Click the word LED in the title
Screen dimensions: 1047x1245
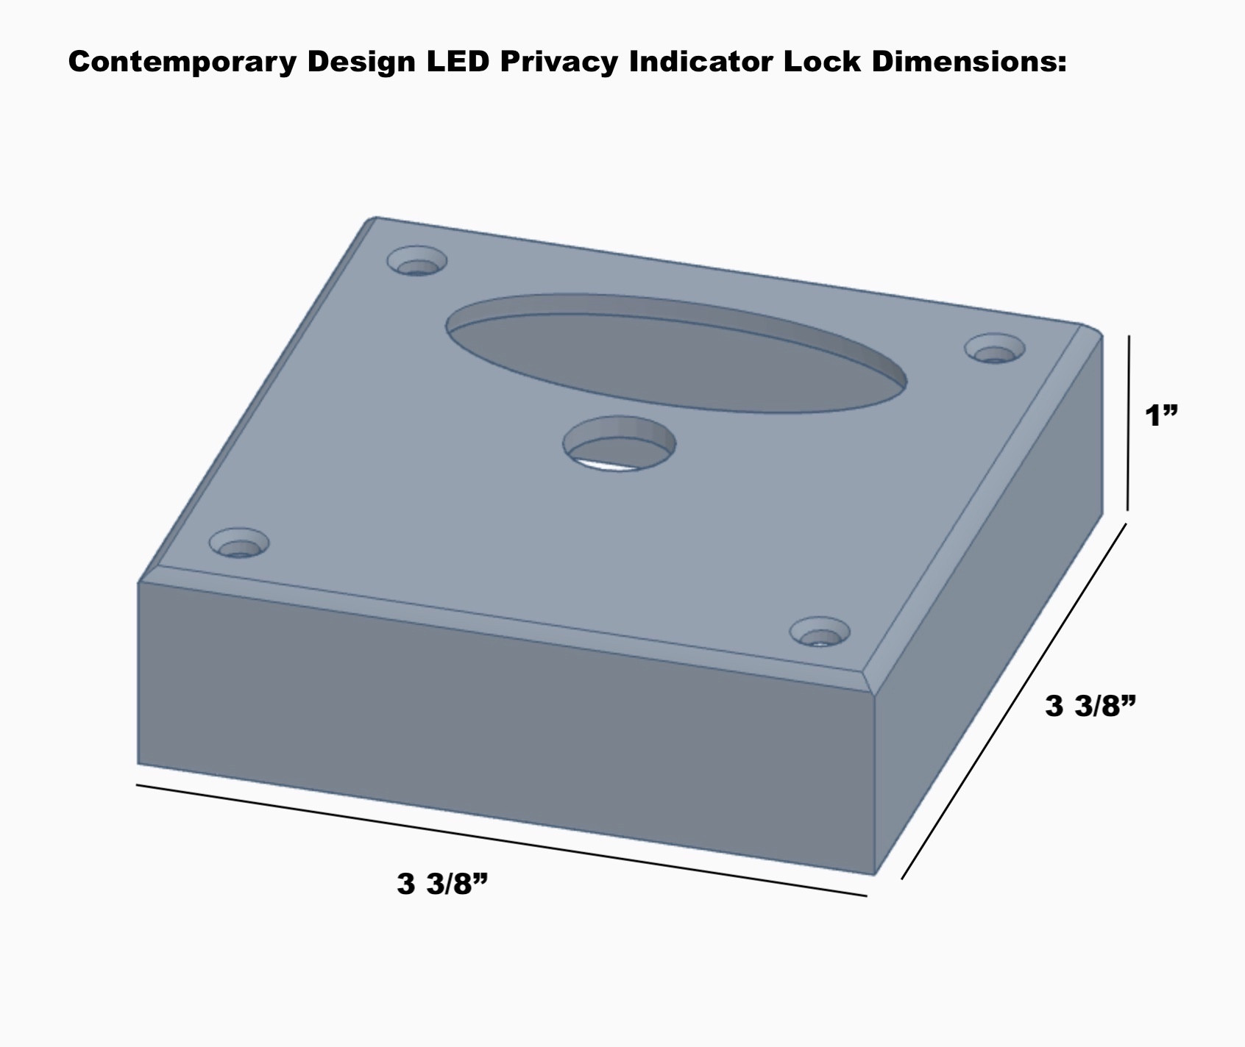click(458, 61)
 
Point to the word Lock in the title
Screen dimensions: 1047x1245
click(821, 61)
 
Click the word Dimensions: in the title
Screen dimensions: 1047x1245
click(969, 61)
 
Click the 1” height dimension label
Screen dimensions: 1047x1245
click(1161, 416)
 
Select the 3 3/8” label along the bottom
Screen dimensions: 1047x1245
click(442, 883)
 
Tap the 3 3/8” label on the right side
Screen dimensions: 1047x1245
click(1090, 707)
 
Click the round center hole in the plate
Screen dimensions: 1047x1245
click(619, 445)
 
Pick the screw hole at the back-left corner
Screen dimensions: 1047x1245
click(417, 262)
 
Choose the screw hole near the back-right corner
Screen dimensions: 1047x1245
click(995, 349)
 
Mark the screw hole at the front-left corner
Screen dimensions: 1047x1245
click(239, 544)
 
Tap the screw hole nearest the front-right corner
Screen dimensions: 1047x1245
click(820, 632)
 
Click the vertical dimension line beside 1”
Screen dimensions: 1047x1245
click(1129, 423)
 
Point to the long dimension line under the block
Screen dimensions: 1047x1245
click(500, 840)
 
